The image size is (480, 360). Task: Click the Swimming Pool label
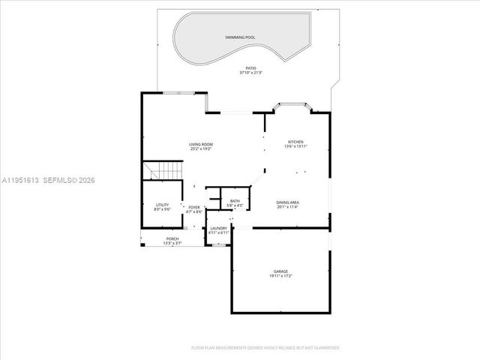[x=239, y=36]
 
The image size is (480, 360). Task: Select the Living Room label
[x=200, y=144]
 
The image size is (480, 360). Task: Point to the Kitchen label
[x=295, y=142]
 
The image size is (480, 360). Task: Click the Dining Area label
[x=288, y=202]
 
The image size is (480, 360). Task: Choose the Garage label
[x=280, y=271]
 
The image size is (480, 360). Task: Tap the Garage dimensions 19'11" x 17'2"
[x=280, y=277]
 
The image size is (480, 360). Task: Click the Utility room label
[x=162, y=204]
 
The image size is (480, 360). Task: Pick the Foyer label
[x=194, y=207]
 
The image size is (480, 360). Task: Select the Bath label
[x=235, y=200]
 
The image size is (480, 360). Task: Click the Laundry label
[x=218, y=228]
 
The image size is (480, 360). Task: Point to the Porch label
[x=172, y=239]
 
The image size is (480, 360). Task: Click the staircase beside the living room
[x=163, y=172]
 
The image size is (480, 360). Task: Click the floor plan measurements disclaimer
[x=265, y=347]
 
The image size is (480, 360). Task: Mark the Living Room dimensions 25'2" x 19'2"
[x=200, y=149]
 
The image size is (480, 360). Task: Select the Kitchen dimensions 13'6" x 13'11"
[x=295, y=147]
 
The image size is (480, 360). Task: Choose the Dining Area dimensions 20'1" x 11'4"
[x=288, y=208]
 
